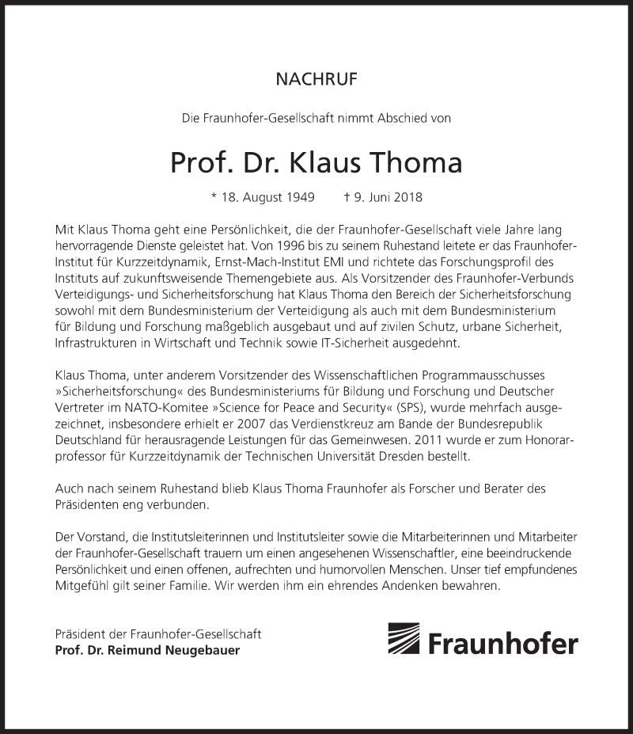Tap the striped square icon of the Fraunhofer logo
[404, 639]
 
